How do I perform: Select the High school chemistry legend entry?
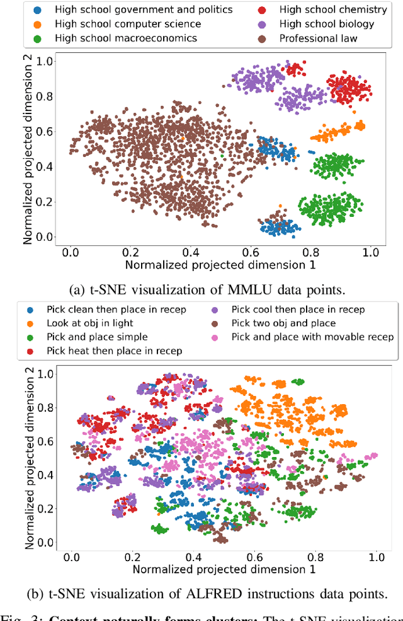[x=342, y=9]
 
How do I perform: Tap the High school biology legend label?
[x=336, y=24]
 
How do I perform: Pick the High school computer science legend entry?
[x=128, y=24]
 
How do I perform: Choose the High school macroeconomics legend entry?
[x=126, y=38]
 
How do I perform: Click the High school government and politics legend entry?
[x=144, y=9]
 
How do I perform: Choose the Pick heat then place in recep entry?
[x=114, y=351]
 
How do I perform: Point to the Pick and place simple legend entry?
[x=97, y=337]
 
